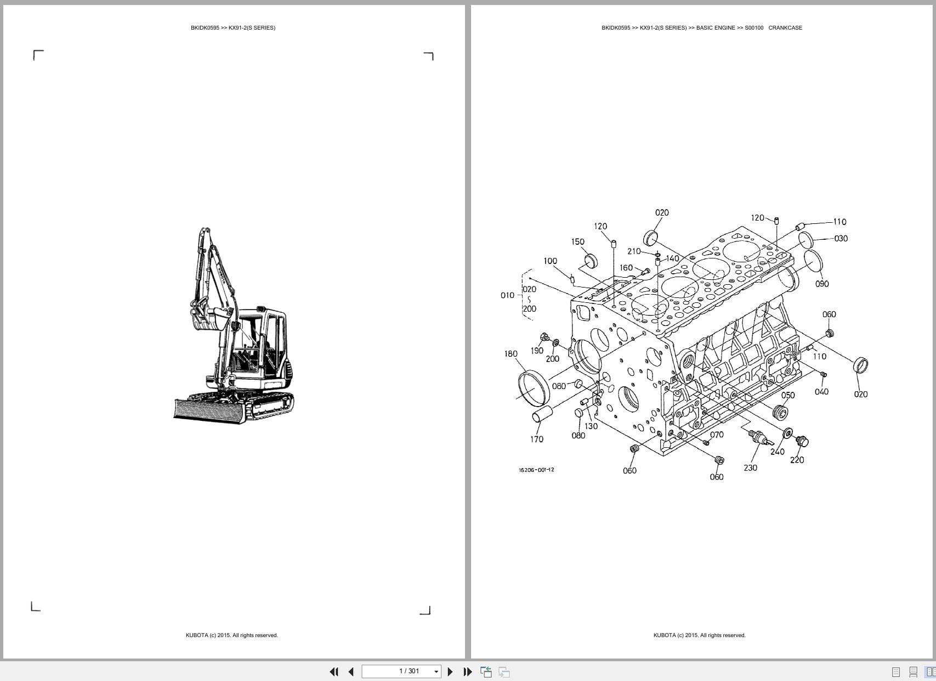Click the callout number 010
[x=507, y=295]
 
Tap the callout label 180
[x=510, y=354]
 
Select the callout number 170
[x=537, y=439]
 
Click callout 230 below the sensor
[x=750, y=468]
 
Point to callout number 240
[x=777, y=452]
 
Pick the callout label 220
[x=797, y=460]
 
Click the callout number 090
[x=822, y=284]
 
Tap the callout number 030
[x=841, y=238]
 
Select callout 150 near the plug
[x=577, y=241]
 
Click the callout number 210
[x=634, y=251]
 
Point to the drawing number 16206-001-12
[x=536, y=470]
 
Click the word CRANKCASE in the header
[x=785, y=27]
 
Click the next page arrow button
[x=450, y=672]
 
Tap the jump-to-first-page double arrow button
[x=333, y=672]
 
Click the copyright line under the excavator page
[x=231, y=635]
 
